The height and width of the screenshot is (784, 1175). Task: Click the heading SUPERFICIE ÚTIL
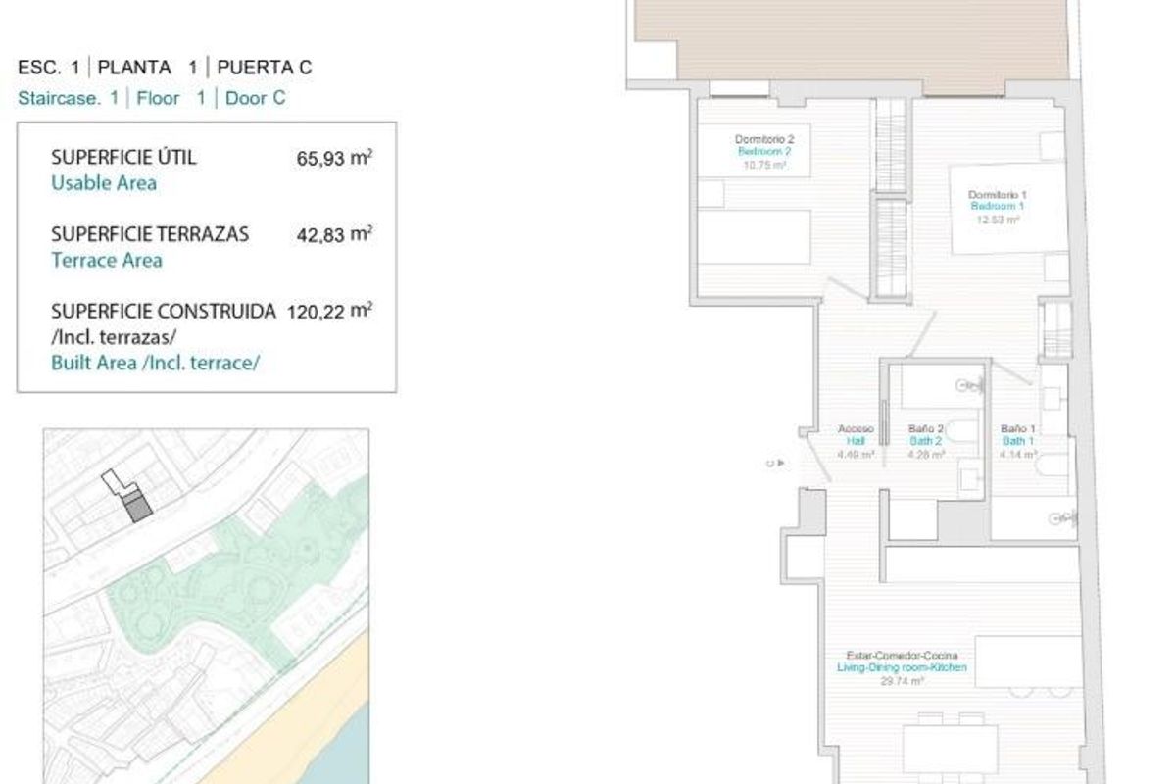click(x=123, y=158)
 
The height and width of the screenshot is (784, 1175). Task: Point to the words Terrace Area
click(x=106, y=260)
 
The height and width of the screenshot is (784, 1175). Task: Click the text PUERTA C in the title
click(x=265, y=68)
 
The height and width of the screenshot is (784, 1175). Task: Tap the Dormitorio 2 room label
click(x=763, y=141)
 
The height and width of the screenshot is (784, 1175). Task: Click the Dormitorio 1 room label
click(x=997, y=196)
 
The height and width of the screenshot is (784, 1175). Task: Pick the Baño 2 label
click(x=925, y=429)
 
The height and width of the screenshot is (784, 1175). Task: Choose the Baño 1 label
click(x=1017, y=429)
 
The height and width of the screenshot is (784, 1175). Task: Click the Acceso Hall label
click(x=856, y=429)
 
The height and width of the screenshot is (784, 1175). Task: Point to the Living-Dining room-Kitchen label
click(x=902, y=667)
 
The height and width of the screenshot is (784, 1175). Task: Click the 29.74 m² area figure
click(x=902, y=680)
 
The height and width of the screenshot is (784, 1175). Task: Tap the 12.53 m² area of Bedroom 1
click(x=998, y=220)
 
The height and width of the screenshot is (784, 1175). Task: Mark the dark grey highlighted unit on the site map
click(x=138, y=506)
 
